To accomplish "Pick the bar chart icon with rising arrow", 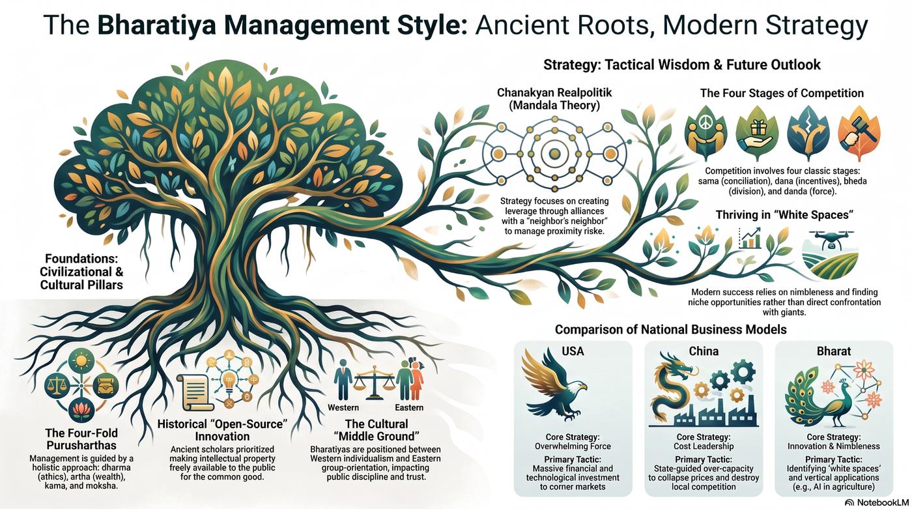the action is pos(750,239).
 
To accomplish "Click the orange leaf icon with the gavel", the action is pos(859,132).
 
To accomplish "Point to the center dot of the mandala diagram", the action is pos(554,154).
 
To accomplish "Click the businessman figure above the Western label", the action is pos(343,379).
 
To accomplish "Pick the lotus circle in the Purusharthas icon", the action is pos(81,411).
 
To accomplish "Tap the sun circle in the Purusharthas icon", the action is pos(81,361).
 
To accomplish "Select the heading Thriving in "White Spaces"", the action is pos(784,214).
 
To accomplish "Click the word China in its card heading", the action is pos(704,351).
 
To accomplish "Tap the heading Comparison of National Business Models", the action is pos(670,329).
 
